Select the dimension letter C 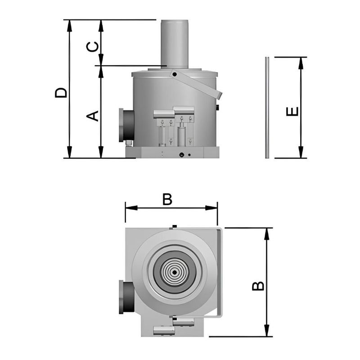tap(92, 47)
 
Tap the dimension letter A tap(92, 116)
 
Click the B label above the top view tap(167, 199)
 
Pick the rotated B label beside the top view tap(258, 286)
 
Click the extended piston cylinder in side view tap(175, 43)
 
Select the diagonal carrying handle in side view tap(198, 84)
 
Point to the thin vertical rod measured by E tap(267, 108)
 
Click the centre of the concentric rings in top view tap(174, 272)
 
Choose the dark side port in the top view tap(125, 297)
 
